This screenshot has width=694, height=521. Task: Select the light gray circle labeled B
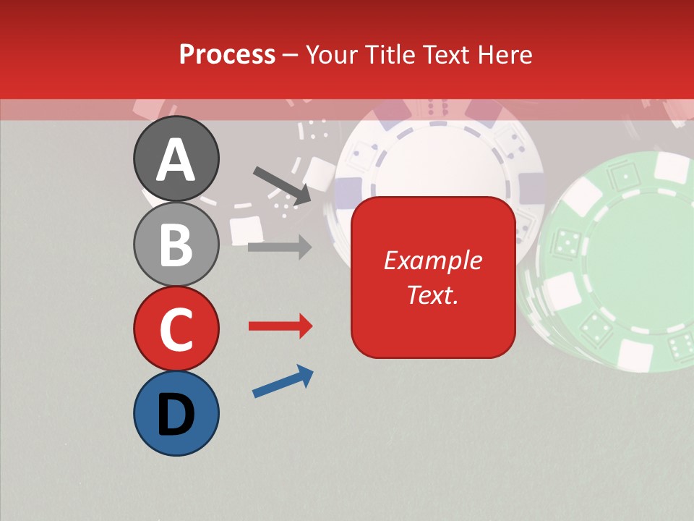click(176, 245)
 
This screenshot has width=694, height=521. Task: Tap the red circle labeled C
click(176, 329)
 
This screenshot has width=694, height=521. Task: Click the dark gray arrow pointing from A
click(282, 185)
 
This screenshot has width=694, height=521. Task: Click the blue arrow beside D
click(283, 381)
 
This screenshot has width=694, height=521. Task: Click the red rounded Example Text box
click(433, 277)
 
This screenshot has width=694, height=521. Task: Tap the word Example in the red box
click(433, 260)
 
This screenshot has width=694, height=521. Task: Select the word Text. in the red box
click(433, 295)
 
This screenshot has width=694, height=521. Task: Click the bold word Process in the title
click(227, 54)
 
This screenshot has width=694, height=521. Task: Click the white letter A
click(176, 159)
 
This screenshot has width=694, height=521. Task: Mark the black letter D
click(176, 415)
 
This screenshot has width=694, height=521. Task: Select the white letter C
click(176, 329)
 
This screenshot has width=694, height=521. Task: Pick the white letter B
click(176, 245)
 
